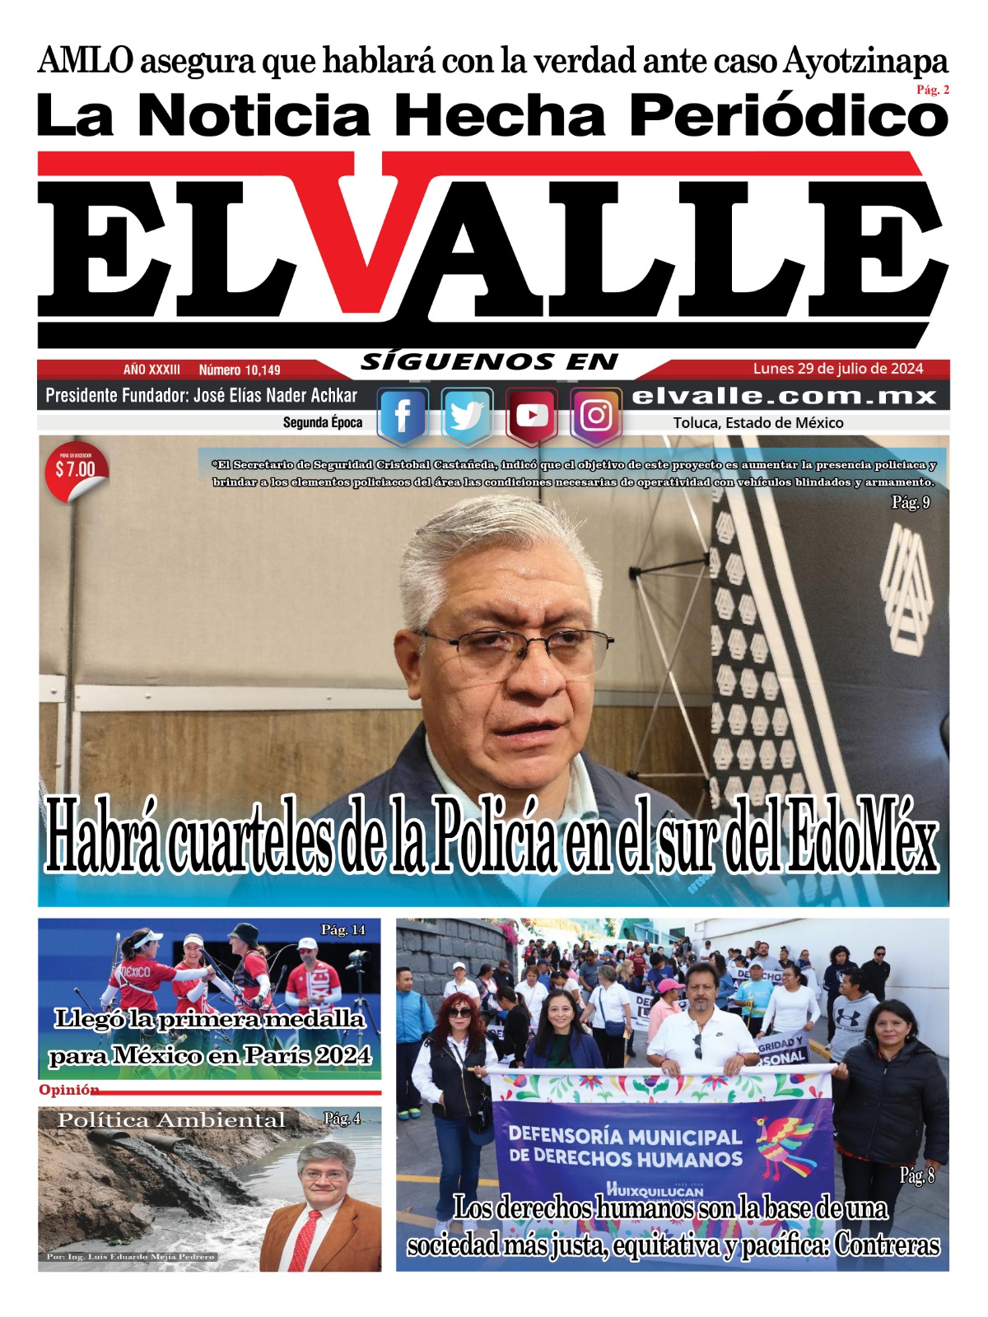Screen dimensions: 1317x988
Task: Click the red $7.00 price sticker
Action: click(75, 471)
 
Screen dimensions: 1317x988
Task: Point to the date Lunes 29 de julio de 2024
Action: click(838, 369)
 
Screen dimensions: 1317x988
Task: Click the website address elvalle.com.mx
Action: click(785, 396)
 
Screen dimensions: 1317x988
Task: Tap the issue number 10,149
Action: click(240, 370)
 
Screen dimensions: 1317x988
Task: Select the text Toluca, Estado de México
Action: click(758, 423)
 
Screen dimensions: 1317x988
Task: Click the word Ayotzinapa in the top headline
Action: click(865, 61)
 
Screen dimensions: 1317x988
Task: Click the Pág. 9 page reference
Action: click(911, 502)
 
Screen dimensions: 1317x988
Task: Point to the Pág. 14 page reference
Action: click(343, 930)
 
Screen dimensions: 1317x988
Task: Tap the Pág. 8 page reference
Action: click(916, 1175)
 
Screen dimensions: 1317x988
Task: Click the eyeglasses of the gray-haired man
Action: click(515, 645)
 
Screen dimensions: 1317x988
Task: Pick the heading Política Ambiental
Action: click(171, 1120)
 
